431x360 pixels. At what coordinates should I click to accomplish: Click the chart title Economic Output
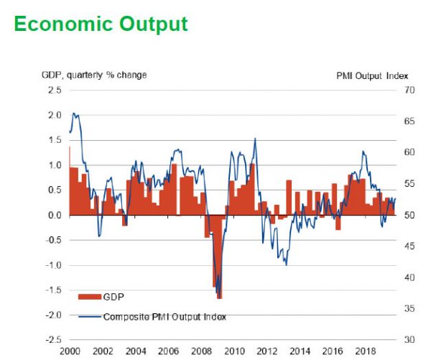101,24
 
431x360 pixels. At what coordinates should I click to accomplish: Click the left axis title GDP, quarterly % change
93,75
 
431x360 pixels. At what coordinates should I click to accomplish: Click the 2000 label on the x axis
70,353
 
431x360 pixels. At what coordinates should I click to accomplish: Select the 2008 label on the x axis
201,353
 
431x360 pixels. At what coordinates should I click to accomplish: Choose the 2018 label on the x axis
365,353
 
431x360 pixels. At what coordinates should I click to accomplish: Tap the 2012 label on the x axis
267,353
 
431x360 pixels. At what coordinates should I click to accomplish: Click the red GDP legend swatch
88,296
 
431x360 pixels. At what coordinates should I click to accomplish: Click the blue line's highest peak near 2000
74,114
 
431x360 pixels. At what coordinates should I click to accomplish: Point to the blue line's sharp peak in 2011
255,139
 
